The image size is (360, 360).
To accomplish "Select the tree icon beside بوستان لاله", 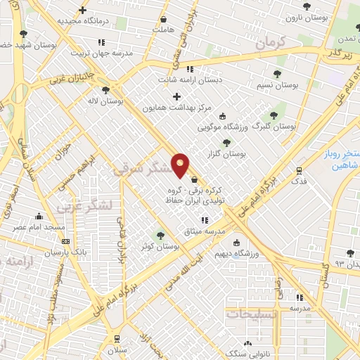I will [x=105, y=90].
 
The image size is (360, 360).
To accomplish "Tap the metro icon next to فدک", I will [x=299, y=169].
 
